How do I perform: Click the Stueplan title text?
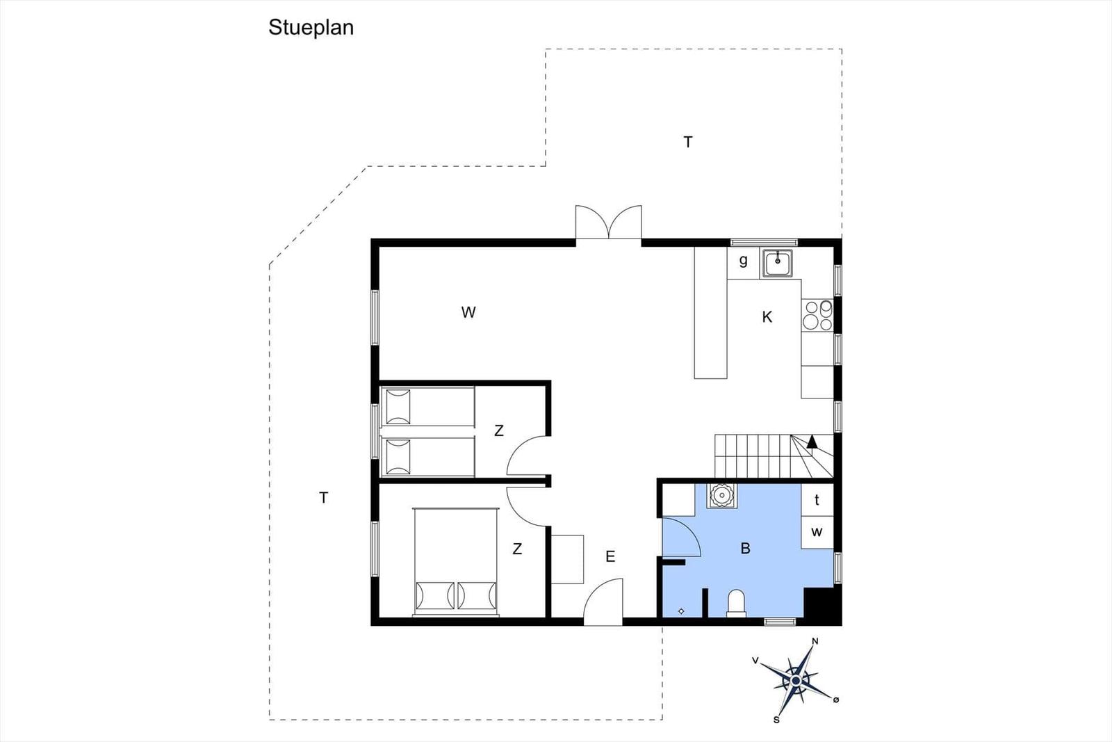(x=311, y=28)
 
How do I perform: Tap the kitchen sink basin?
(x=778, y=264)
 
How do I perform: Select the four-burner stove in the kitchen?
(x=817, y=316)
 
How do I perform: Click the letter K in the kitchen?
(x=767, y=317)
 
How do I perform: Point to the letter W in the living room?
(x=468, y=312)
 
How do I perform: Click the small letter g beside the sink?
(x=743, y=261)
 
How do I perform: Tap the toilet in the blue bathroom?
(x=736, y=604)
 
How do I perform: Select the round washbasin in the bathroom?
(x=721, y=495)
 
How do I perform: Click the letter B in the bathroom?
(x=745, y=548)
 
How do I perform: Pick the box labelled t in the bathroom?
(x=817, y=499)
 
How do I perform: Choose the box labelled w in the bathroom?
(x=817, y=533)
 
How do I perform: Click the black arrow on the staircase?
(x=812, y=442)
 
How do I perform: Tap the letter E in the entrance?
(x=610, y=557)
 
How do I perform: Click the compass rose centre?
(x=796, y=680)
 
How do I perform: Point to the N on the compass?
(x=815, y=641)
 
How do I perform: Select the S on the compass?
(x=776, y=720)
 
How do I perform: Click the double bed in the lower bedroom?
(x=456, y=562)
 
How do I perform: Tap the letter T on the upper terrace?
(x=687, y=143)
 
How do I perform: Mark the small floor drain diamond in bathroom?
(x=681, y=611)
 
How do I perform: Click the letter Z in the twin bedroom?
(x=499, y=430)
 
